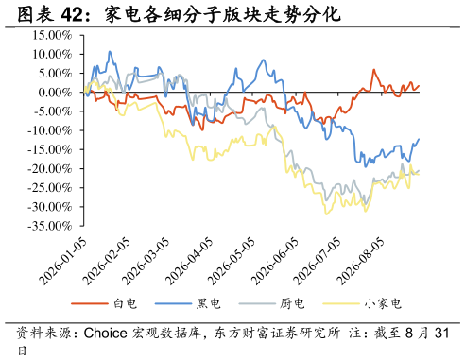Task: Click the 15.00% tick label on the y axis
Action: [x=52, y=35]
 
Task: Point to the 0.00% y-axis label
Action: [x=55, y=93]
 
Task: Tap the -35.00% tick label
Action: [x=50, y=226]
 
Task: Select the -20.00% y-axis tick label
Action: [x=50, y=169]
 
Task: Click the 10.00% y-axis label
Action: [x=52, y=55]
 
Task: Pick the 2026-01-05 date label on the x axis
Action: [x=62, y=262]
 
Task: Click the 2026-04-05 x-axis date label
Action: [x=189, y=262]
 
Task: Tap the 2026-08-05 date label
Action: [x=360, y=262]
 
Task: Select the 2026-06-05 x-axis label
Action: [x=275, y=262]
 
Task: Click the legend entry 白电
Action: [x=104, y=303]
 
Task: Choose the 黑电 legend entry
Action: [x=188, y=303]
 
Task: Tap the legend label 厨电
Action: [x=271, y=303]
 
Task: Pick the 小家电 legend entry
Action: [x=362, y=303]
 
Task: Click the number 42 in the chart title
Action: [x=73, y=14]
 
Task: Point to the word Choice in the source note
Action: [x=106, y=334]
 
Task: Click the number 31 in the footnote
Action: [x=441, y=334]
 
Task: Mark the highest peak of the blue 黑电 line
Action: [x=110, y=51]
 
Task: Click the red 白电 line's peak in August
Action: [x=373, y=70]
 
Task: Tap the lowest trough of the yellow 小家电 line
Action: [x=326, y=214]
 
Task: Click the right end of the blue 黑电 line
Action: [x=419, y=139]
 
